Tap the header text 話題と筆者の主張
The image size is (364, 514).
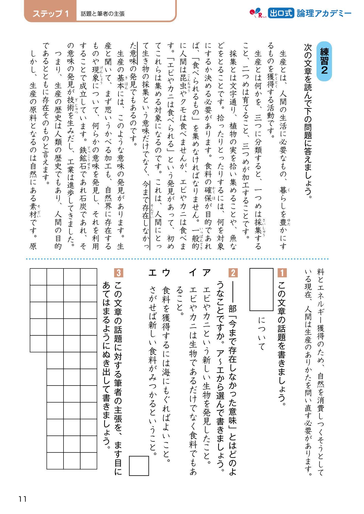[103, 14]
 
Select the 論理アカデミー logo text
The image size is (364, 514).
[324, 13]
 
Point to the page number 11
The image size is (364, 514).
[22, 499]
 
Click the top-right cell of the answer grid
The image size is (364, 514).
[89, 277]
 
